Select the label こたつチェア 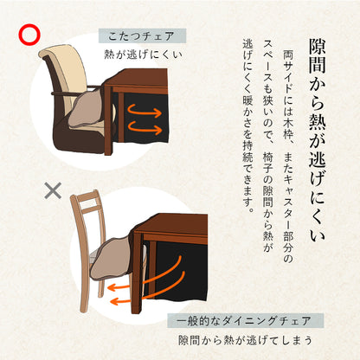[x=142, y=36]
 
